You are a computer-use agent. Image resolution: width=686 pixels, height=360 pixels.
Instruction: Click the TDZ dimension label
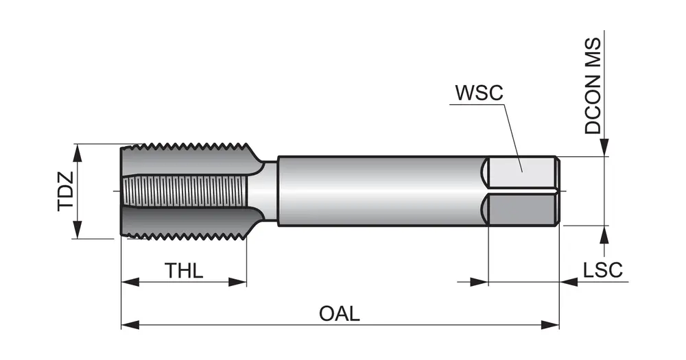pos(65,191)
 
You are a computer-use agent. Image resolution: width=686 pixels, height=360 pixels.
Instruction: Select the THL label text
pos(184,271)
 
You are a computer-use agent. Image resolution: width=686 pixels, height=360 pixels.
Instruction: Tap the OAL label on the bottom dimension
pos(340,314)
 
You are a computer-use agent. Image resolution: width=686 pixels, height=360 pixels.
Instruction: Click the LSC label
pos(603,270)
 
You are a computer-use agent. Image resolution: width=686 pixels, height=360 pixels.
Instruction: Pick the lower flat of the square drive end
pos(521,208)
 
